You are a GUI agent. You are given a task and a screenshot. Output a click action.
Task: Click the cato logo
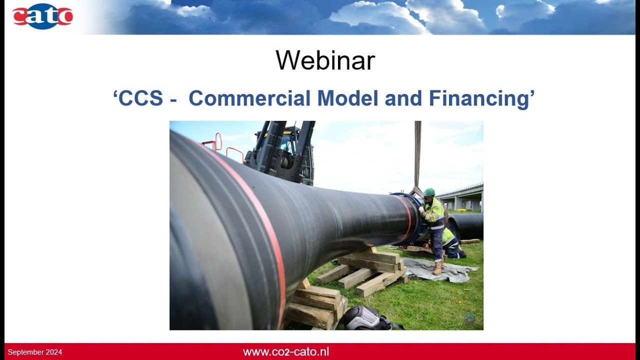42,16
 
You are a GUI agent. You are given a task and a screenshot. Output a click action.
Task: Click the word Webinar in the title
325,60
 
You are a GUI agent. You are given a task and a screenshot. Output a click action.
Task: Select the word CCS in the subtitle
141,98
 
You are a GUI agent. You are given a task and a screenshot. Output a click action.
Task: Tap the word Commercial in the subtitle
249,98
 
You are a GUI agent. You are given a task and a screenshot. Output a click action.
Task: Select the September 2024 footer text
35,352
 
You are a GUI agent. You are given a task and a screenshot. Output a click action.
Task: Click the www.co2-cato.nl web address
286,351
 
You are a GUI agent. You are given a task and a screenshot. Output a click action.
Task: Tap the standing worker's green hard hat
429,192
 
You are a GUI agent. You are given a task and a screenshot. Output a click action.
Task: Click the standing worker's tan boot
438,269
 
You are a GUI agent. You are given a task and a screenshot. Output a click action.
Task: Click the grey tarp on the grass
440,270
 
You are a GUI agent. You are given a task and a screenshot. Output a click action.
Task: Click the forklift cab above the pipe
282,150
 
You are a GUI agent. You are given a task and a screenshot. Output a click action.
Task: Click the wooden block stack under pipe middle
367,270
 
